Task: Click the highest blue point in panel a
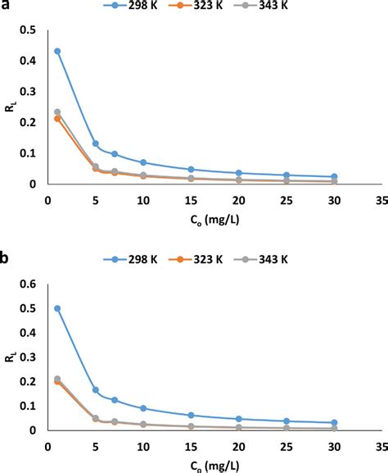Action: point(57,51)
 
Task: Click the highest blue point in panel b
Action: point(57,308)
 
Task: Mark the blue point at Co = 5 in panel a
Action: point(96,143)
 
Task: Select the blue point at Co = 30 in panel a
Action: point(334,177)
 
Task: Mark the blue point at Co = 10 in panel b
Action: point(143,408)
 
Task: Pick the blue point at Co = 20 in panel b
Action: point(238,419)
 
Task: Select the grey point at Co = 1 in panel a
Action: point(57,111)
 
